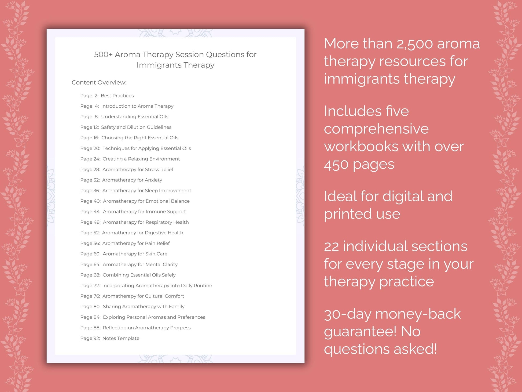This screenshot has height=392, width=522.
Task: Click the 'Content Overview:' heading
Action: point(99,82)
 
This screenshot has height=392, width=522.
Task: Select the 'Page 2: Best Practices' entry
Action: point(107,96)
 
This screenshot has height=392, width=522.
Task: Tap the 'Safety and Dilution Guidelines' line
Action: point(126,127)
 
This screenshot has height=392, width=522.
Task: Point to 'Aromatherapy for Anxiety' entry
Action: point(121,180)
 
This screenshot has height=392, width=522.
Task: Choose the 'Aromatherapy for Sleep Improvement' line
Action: point(135,191)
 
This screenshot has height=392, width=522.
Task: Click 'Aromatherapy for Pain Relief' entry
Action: point(125,243)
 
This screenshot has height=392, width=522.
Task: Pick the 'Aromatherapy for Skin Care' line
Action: point(124,254)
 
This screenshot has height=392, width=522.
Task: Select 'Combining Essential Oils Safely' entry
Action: point(128,275)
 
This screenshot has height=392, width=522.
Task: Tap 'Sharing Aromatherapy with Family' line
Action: point(132,307)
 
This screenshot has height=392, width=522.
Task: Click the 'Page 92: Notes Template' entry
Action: point(110,338)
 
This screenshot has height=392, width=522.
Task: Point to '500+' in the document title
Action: point(103,55)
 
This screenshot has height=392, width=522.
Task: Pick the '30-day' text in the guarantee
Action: point(347,314)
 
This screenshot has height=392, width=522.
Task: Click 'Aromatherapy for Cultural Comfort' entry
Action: point(132,296)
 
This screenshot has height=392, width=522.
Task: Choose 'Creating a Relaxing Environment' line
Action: point(130,159)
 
